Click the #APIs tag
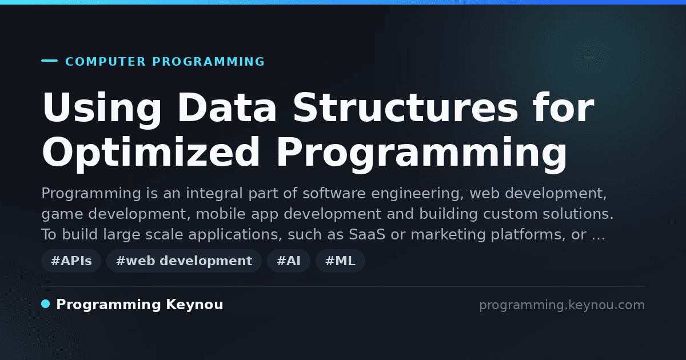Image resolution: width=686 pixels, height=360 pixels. point(71,261)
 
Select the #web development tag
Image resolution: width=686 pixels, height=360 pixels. point(184,261)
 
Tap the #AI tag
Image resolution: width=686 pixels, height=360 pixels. point(289,261)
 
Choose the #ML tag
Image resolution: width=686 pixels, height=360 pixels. point(340,261)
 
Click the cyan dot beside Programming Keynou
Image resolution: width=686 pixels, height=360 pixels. point(46,304)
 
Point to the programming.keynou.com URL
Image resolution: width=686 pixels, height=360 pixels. point(562,305)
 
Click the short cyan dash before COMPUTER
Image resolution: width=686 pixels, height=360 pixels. point(49,61)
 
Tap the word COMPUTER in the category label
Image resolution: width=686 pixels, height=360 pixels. point(105,62)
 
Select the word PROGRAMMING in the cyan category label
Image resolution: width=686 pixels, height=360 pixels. point(208,62)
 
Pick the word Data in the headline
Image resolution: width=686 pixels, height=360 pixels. point(227,107)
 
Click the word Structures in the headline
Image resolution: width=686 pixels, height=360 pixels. point(405,107)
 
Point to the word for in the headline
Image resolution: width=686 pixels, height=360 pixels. point(564,107)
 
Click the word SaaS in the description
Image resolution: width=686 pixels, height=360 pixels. point(367,234)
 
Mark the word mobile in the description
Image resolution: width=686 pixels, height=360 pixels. point(221,214)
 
